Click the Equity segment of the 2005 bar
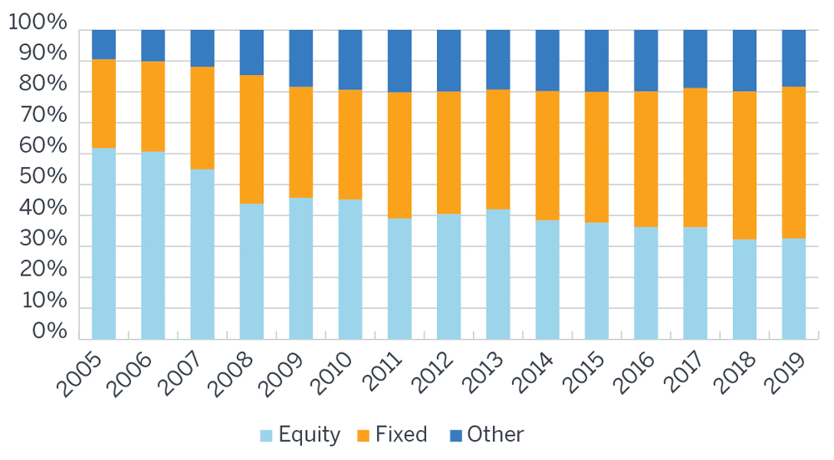pos(103,243)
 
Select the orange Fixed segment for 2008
pos(251,139)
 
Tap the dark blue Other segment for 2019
pos(793,58)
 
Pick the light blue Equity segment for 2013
pos(498,274)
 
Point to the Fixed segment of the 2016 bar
pos(646,159)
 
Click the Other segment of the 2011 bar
pos(399,61)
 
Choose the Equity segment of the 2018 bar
pos(744,289)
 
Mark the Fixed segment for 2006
pos(153,106)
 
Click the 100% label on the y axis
pos(38,23)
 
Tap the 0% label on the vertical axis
pos(49,332)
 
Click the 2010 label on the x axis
pos(341,373)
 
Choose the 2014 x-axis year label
pos(538,373)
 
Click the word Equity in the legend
pos(309,435)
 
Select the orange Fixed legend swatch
pos(363,435)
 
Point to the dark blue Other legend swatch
pos(454,435)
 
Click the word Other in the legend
pos(495,435)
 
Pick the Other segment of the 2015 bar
pos(596,60)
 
